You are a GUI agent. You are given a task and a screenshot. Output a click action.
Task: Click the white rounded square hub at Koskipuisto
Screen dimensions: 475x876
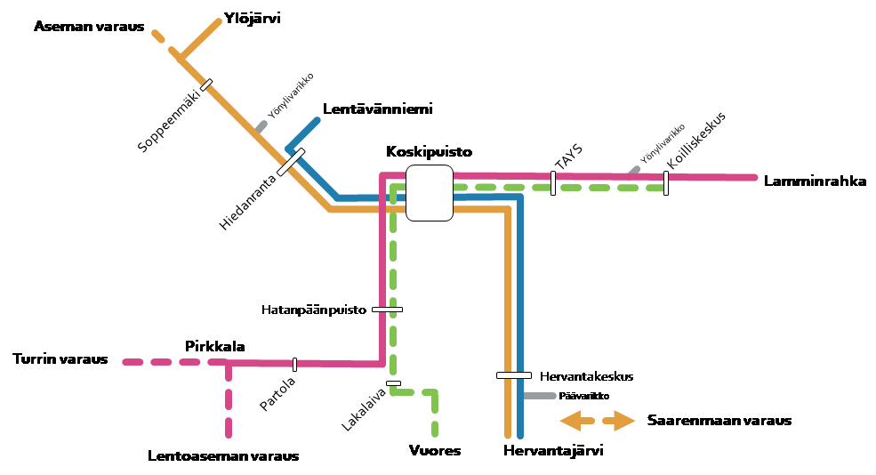coord(430,193)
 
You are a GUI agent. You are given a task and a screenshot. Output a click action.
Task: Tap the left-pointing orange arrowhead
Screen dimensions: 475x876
coord(570,421)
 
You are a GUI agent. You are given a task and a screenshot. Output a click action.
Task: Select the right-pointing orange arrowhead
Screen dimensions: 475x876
coord(624,421)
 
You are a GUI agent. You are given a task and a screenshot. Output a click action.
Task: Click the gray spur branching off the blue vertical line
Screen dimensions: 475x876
coord(540,396)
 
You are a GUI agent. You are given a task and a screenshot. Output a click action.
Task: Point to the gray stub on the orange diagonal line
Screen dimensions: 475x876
coord(261,126)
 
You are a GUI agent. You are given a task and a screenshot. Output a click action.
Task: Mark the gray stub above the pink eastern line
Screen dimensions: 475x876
coord(634,169)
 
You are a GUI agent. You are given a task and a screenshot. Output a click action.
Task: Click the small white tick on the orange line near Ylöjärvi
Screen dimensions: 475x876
coord(206,85)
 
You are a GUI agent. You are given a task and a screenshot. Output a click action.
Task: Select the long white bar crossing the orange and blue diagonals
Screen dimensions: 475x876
coord(291,162)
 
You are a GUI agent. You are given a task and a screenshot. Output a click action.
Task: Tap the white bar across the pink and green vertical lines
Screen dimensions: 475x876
coord(387,310)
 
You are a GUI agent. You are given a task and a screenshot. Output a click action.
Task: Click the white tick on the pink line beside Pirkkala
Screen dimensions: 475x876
coord(294,364)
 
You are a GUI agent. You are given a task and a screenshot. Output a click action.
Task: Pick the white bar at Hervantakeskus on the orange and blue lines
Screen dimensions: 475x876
coord(513,375)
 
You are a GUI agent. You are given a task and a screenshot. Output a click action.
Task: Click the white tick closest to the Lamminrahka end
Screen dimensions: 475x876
coord(665,182)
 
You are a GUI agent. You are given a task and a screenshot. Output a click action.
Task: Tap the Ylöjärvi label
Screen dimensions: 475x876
coord(253,18)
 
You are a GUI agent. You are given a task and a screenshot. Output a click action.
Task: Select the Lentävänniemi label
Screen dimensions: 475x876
coord(378,109)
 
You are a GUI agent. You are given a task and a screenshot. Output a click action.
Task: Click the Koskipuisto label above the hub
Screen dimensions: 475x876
coord(430,153)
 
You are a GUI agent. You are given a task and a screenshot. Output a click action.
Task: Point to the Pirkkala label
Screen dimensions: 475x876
coord(213,345)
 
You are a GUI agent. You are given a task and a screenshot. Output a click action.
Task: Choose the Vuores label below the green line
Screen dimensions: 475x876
coord(436,451)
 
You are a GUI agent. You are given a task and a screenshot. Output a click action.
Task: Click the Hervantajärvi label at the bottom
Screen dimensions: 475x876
coord(554,451)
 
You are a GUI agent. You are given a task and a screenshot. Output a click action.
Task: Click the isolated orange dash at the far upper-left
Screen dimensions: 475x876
coord(158,36)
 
